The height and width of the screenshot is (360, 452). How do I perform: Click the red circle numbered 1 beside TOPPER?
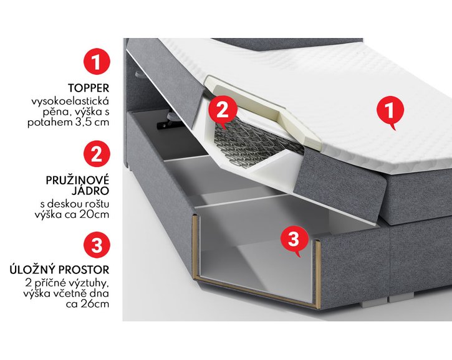click(x=97, y=62)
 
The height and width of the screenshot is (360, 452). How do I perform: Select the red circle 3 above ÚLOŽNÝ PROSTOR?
click(x=97, y=245)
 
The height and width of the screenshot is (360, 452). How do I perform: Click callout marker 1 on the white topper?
click(x=390, y=112)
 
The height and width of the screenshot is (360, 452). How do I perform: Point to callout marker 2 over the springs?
click(x=224, y=111)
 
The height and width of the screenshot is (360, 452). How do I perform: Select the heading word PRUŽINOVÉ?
click(x=79, y=180)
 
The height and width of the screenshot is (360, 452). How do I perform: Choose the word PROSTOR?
click(x=89, y=270)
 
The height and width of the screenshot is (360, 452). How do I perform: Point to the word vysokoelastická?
click(x=69, y=101)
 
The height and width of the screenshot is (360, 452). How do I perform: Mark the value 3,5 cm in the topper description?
click(x=95, y=123)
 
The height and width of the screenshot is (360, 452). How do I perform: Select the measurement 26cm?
click(x=94, y=305)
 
